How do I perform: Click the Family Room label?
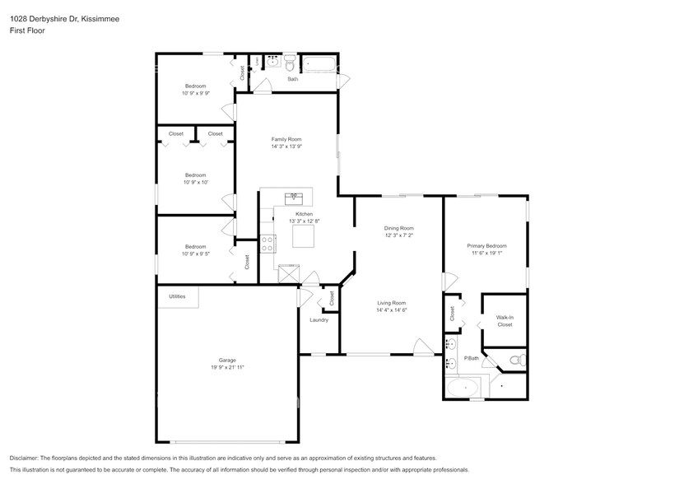click(286, 139)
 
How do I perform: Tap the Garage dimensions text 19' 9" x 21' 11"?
click(227, 368)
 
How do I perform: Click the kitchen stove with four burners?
click(268, 242)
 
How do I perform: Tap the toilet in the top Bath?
click(291, 63)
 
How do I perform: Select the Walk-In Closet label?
click(505, 321)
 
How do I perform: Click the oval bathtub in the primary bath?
click(465, 386)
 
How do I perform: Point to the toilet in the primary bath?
click(515, 360)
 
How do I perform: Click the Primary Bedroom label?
click(486, 246)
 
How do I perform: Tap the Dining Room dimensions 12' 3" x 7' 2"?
click(399, 235)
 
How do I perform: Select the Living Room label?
click(391, 303)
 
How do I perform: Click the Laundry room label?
click(319, 319)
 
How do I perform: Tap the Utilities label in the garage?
click(177, 296)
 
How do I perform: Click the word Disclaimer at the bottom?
click(27, 458)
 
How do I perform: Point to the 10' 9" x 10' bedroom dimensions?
click(195, 182)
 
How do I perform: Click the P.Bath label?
click(472, 357)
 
